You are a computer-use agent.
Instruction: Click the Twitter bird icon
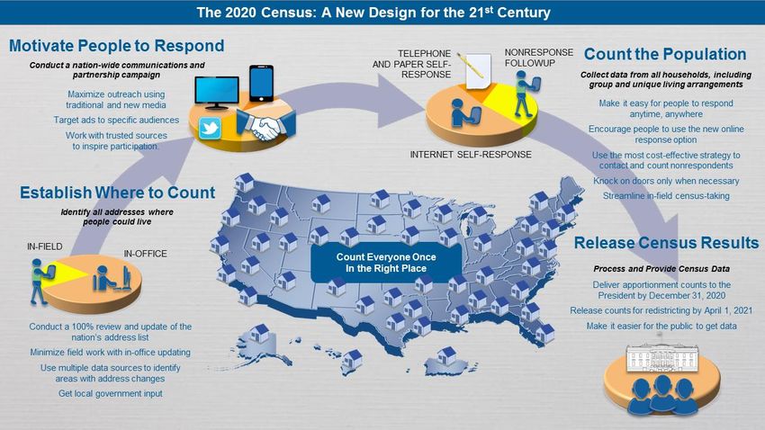pyautogui.click(x=210, y=129)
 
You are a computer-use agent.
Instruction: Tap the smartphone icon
pyautogui.click(x=261, y=84)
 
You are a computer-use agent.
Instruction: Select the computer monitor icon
pyautogui.click(x=217, y=92)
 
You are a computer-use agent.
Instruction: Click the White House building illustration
pyautogui.click(x=662, y=357)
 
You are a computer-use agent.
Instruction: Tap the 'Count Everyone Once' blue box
pyautogui.click(x=386, y=263)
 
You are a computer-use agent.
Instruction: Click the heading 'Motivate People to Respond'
pyautogui.click(x=117, y=46)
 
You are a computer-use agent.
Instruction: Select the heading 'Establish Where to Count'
pyautogui.click(x=117, y=193)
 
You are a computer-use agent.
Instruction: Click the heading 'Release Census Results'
pyautogui.click(x=666, y=243)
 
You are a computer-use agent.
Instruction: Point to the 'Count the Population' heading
pyautogui.click(x=665, y=54)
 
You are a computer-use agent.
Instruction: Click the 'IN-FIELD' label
pyautogui.click(x=44, y=246)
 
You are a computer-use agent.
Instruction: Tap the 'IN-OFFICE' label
pyautogui.click(x=145, y=254)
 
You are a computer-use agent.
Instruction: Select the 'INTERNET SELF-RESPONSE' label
pyautogui.click(x=471, y=155)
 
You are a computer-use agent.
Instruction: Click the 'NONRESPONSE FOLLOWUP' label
pyautogui.click(x=538, y=58)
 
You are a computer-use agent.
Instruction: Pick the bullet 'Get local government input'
pyautogui.click(x=111, y=393)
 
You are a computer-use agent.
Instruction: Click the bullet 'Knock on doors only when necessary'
pyautogui.click(x=666, y=181)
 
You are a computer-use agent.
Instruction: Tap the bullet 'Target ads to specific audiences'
pyautogui.click(x=116, y=120)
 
